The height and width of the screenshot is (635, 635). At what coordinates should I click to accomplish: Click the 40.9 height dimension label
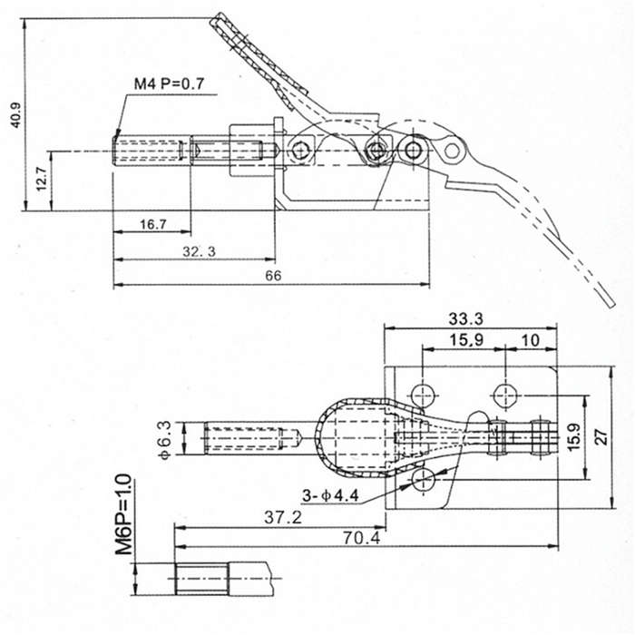point(16,115)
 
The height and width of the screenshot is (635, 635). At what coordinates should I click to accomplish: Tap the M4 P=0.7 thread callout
point(170,83)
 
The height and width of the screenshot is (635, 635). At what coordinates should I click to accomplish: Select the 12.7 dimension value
point(42,179)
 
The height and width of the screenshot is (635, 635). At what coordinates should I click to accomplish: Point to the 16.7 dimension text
point(153,224)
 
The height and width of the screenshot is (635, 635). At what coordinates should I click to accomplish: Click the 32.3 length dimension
point(199,251)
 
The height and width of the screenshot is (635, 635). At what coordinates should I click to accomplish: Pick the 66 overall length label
point(273,276)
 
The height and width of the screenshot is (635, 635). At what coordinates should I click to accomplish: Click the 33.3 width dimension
point(465,318)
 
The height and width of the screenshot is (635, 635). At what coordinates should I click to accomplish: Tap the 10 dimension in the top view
point(531,340)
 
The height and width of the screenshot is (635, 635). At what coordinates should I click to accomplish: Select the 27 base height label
point(602,437)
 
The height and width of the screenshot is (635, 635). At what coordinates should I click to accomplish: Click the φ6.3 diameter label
point(166,439)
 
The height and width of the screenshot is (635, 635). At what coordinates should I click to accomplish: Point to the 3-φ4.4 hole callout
point(330,495)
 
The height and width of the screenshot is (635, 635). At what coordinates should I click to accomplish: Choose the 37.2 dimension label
point(283,517)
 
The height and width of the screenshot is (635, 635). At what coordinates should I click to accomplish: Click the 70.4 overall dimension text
point(362,538)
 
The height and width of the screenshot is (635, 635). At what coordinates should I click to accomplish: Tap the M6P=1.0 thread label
point(123,514)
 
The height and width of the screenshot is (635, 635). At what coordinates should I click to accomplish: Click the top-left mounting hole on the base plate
point(423,395)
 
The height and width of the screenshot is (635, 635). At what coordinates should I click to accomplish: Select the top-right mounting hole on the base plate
point(505,395)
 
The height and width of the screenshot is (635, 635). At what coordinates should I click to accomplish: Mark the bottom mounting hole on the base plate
point(423,480)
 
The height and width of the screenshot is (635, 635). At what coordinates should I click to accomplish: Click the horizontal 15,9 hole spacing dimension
point(466,340)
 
